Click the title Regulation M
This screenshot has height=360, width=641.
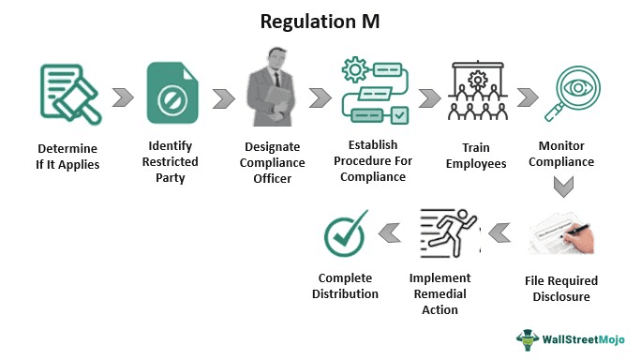[320, 21]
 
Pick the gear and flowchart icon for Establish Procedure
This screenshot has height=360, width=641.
[374, 93]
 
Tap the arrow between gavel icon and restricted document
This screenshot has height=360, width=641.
[121, 97]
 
